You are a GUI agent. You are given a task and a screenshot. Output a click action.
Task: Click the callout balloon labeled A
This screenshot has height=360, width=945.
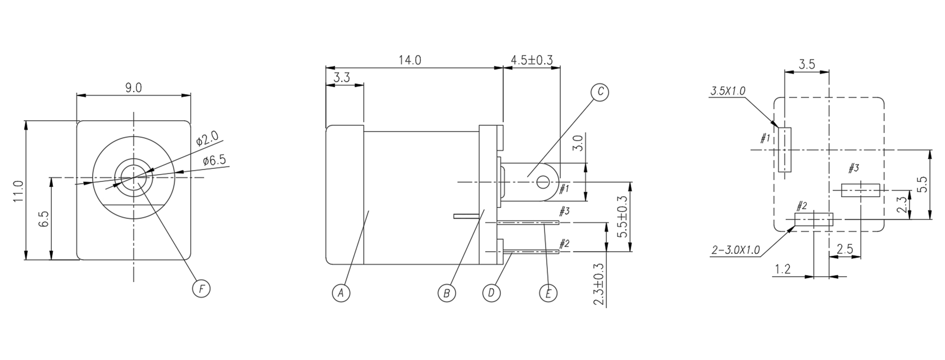click(341, 293)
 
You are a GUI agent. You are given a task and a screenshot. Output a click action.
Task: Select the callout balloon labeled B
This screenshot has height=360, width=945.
click(446, 293)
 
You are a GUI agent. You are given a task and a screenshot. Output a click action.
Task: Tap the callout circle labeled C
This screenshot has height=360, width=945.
click(599, 92)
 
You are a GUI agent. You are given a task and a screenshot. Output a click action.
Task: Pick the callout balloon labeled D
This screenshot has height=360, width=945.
click(491, 293)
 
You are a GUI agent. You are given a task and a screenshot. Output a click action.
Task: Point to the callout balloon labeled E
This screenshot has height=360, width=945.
click(548, 293)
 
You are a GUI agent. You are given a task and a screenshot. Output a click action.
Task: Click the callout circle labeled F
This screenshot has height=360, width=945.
click(201, 288)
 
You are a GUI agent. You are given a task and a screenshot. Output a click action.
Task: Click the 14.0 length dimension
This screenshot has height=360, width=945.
click(409, 60)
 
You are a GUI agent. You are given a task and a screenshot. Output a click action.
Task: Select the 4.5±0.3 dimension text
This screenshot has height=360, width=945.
click(531, 60)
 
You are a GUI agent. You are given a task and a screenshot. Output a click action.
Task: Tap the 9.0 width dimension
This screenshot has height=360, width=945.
click(133, 88)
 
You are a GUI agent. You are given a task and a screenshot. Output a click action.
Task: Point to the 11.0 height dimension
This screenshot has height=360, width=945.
click(18, 191)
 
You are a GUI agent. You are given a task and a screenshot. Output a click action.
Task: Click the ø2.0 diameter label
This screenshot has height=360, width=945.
click(207, 139)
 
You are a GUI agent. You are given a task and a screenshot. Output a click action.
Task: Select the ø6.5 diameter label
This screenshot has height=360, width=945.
click(214, 160)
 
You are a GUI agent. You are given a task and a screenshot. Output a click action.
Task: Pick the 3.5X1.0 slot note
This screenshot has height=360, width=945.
click(728, 91)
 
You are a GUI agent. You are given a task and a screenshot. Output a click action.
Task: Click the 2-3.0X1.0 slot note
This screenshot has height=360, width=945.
click(736, 250)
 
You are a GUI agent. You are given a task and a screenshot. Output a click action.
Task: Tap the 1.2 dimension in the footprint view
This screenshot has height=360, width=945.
click(783, 269)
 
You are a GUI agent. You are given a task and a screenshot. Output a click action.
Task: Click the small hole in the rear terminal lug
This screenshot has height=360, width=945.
click(543, 182)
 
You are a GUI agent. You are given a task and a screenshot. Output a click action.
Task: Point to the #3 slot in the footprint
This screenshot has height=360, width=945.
click(860, 190)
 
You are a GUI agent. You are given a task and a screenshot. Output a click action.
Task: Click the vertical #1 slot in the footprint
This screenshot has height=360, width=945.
click(784, 149)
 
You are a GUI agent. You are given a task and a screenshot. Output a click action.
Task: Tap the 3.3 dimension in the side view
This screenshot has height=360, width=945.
click(342, 78)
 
